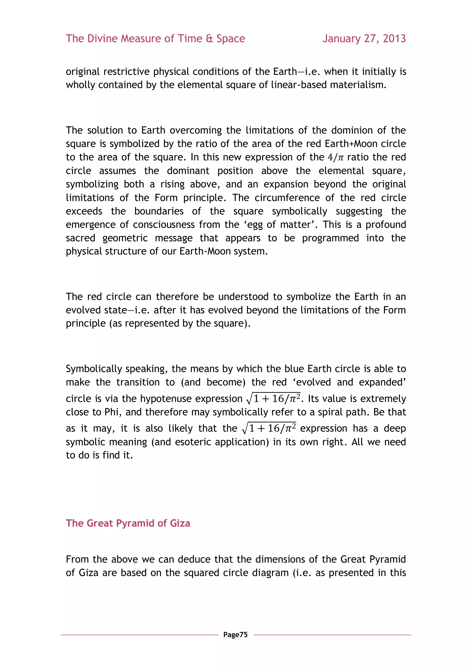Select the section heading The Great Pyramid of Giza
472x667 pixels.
[x=128, y=523]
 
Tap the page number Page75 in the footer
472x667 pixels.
[x=235, y=635]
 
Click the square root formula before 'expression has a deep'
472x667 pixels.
[x=269, y=428]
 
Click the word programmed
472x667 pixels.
[x=330, y=238]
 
